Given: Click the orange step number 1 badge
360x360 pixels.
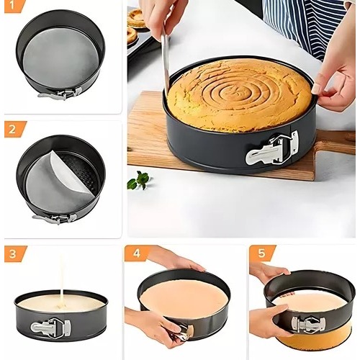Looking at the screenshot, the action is (x=13, y=5).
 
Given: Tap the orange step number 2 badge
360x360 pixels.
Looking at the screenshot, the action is (x=14, y=130).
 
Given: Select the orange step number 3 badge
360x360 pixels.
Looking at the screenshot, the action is (x=14, y=253).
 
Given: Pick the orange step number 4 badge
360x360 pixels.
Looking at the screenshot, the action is (x=136, y=253).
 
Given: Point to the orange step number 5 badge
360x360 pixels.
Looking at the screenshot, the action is (x=261, y=253).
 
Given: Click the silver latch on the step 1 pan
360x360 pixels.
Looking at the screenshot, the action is (x=61, y=94).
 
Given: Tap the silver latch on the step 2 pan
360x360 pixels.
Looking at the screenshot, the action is (x=55, y=219).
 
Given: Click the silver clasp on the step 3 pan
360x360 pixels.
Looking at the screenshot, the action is (x=50, y=327).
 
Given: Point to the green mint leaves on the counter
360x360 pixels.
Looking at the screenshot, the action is (x=140, y=180).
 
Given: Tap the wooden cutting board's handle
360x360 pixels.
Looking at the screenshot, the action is (x=336, y=142).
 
